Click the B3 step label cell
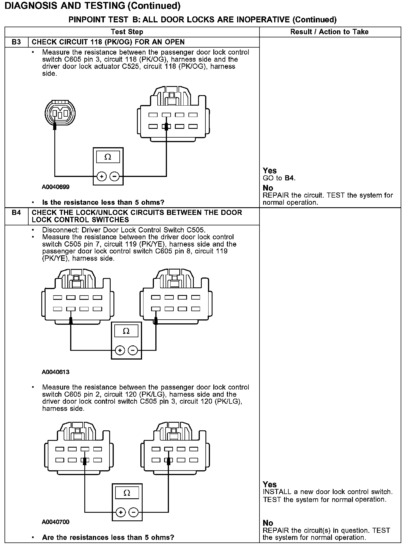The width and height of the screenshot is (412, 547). [16, 42]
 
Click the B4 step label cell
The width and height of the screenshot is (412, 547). [16, 213]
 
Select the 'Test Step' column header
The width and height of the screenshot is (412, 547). [127, 32]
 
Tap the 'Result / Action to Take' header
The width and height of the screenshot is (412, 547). [329, 32]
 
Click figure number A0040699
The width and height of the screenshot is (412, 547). [56, 187]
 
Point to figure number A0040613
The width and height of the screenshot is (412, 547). [56, 372]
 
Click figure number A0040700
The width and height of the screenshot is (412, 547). [56, 522]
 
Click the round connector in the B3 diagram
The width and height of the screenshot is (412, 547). [60, 113]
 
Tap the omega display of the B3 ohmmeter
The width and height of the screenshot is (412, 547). [108, 157]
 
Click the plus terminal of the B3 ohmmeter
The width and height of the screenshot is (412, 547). [102, 177]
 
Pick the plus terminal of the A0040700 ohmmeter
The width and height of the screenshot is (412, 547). [121, 512]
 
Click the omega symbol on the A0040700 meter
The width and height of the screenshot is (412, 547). [127, 493]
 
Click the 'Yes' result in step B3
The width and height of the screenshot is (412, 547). [270, 171]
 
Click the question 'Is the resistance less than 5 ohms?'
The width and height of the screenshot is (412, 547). [103, 202]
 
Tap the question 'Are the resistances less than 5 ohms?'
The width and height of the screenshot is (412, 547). [108, 537]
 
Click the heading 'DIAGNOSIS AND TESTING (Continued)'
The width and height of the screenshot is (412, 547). [93, 6]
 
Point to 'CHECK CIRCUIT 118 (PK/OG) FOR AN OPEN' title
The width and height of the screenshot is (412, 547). [108, 42]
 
